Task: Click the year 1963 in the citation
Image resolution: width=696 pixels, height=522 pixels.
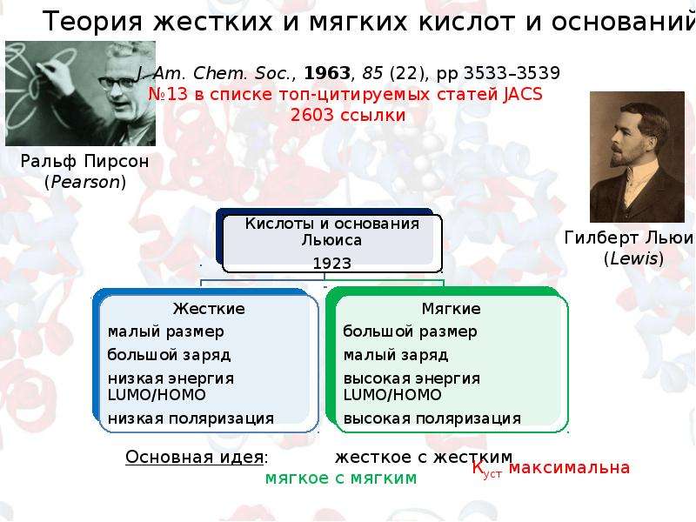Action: pyautogui.click(x=327, y=73)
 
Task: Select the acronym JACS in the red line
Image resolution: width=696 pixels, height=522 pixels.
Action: pyautogui.click(x=523, y=94)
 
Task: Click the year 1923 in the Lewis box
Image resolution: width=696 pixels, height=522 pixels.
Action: pyautogui.click(x=332, y=264)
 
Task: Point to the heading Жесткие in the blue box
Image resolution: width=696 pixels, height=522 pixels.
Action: pyautogui.click(x=209, y=309)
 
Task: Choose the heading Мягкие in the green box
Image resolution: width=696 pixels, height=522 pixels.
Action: pyautogui.click(x=451, y=309)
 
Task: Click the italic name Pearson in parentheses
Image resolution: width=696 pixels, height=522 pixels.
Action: pyautogui.click(x=85, y=182)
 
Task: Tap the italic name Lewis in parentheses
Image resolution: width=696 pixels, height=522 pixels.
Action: pyautogui.click(x=634, y=258)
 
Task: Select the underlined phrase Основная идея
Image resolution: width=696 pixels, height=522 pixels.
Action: pyautogui.click(x=194, y=457)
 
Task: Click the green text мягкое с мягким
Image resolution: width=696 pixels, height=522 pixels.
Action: pyautogui.click(x=341, y=478)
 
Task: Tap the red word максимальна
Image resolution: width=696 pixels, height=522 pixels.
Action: pyautogui.click(x=569, y=467)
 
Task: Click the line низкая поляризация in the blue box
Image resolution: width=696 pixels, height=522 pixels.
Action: pyautogui.click(x=191, y=418)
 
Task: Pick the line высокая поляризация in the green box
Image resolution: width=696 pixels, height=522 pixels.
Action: pyautogui.click(x=432, y=418)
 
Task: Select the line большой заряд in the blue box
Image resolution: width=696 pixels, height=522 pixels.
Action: pyautogui.click(x=169, y=355)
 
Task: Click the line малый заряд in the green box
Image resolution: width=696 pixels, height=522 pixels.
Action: pyautogui.click(x=396, y=355)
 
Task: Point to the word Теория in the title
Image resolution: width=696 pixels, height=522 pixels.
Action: pyautogui.click(x=93, y=21)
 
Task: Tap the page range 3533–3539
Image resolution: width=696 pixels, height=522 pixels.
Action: pyautogui.click(x=512, y=73)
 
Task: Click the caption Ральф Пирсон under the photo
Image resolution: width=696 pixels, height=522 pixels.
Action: pyautogui.click(x=84, y=161)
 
